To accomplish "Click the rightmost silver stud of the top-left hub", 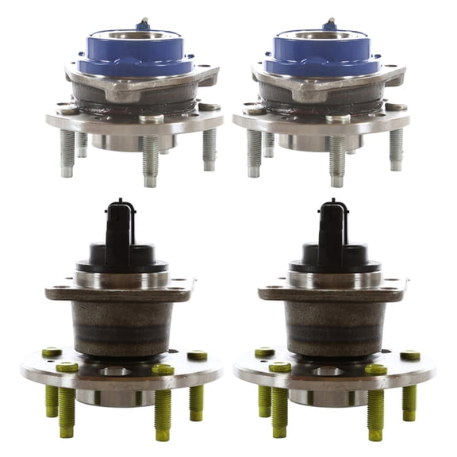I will [209, 148].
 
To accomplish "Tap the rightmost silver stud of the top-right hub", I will [396, 148].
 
